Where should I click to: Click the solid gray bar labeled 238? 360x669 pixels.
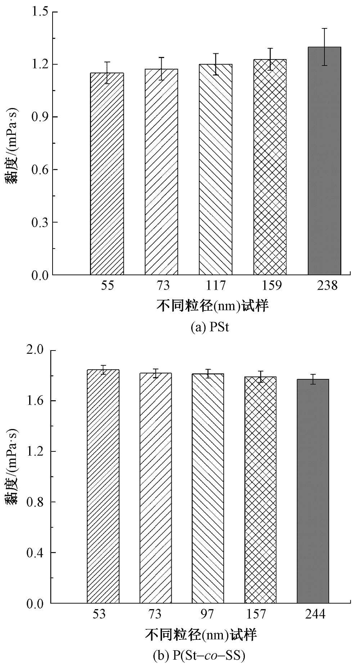pos(324,162)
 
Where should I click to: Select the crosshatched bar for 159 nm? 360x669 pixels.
pos(270,168)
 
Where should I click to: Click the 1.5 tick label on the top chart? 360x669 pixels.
pos(39,12)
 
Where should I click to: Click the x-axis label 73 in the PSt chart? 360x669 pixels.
pos(162,286)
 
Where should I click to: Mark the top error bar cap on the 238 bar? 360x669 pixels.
pos(324,28)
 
